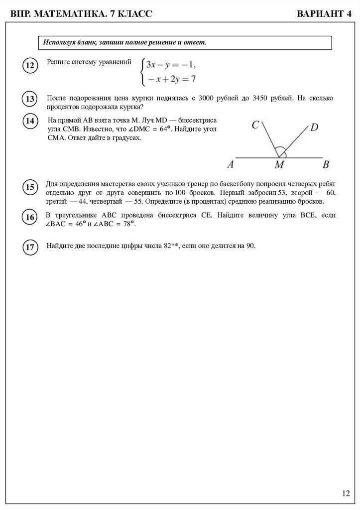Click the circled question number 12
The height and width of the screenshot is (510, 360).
pyautogui.click(x=29, y=65)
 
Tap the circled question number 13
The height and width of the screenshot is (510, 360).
pyautogui.click(x=29, y=99)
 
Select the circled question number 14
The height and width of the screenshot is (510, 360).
pyautogui.click(x=29, y=121)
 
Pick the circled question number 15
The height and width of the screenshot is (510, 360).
pyautogui.click(x=29, y=187)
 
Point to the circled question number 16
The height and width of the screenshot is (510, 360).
pyautogui.click(x=29, y=217)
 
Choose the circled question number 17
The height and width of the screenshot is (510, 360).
pyautogui.click(x=29, y=247)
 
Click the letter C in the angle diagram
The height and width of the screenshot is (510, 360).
pyautogui.click(x=255, y=125)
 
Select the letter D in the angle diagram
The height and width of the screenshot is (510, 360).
pyautogui.click(x=314, y=127)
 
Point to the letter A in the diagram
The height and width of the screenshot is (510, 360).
pyautogui.click(x=230, y=164)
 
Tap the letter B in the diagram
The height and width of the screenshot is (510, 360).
pyautogui.click(x=326, y=164)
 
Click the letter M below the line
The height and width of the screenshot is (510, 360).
pyautogui.click(x=279, y=165)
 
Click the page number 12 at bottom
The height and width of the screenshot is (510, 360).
pyautogui.click(x=346, y=494)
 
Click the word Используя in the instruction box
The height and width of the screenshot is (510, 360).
pyautogui.click(x=59, y=42)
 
